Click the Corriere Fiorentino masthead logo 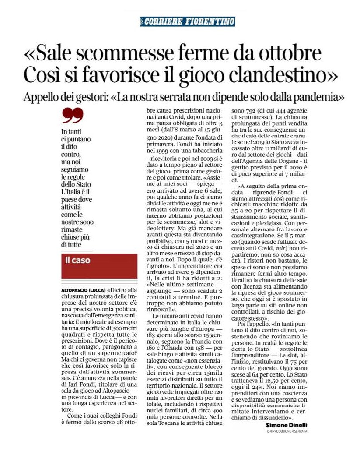188,21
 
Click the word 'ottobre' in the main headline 284,54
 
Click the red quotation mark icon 72,116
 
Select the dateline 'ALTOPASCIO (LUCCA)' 81,291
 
